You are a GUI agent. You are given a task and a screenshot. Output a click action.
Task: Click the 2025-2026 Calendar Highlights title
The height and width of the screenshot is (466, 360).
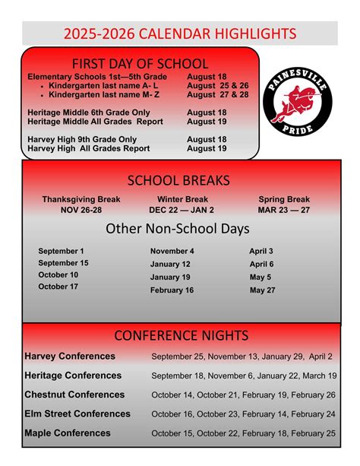coord(180,33)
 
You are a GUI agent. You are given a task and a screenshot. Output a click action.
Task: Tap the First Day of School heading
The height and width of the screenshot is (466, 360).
coord(139,63)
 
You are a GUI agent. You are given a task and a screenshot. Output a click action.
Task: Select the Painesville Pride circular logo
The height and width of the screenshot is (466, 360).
coord(297,107)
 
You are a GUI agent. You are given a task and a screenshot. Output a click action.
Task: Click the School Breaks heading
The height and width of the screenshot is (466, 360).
coord(178,180)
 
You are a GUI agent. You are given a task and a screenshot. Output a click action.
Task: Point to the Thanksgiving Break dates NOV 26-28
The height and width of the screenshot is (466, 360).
coord(82,210)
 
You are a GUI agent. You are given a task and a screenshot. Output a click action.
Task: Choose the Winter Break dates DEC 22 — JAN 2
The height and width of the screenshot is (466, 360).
coord(182,210)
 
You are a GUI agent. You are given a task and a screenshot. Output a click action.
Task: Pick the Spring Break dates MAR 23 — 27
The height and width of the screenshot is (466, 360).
coord(284,210)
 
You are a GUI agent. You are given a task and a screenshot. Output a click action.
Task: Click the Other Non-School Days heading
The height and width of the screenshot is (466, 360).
coord(178,228)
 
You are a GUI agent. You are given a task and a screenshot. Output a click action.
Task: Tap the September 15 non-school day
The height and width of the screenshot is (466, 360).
coord(63,263)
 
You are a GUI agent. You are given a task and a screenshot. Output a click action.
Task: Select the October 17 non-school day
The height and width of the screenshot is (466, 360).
coord(58,287)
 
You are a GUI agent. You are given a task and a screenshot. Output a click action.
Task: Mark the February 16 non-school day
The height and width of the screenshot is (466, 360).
coord(172,290)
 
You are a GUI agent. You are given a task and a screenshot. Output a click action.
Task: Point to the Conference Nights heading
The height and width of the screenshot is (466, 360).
coord(181,335)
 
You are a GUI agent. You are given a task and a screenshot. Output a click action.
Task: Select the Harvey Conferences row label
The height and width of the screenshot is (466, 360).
coord(70,356)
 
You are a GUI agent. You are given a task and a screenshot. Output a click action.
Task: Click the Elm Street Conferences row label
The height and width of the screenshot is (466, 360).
coord(77,414)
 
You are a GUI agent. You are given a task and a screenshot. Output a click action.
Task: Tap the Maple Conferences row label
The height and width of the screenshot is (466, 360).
coord(68,433)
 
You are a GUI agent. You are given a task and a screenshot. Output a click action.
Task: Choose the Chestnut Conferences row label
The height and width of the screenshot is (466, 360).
coord(74,395)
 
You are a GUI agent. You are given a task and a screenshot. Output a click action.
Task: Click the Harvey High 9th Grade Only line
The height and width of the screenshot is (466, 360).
coord(82,140)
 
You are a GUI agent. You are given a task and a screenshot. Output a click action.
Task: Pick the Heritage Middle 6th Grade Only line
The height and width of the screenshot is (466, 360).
coord(88,113)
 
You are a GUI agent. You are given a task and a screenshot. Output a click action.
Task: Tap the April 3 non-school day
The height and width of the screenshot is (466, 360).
coord(261,251)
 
